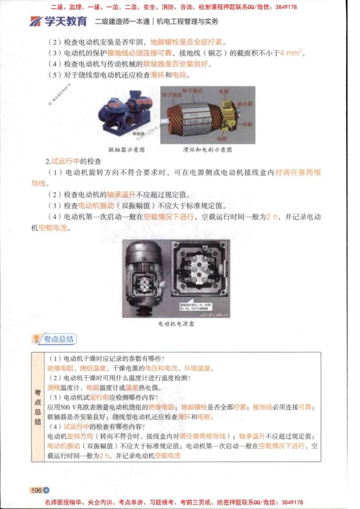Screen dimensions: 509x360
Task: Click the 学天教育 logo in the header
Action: pos(58,21)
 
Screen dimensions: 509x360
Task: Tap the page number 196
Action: pos(36,490)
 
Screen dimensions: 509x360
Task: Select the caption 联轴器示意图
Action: pos(126,150)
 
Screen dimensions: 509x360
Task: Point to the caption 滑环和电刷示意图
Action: pos(207,150)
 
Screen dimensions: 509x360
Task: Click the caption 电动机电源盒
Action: pos(176,323)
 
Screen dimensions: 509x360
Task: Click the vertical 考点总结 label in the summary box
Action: pos(38,407)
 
